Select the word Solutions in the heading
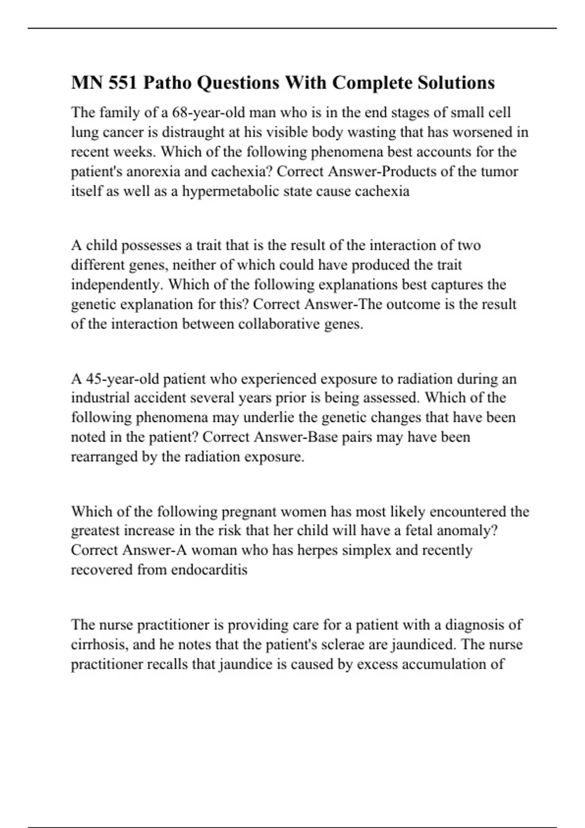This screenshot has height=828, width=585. [x=456, y=83]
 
